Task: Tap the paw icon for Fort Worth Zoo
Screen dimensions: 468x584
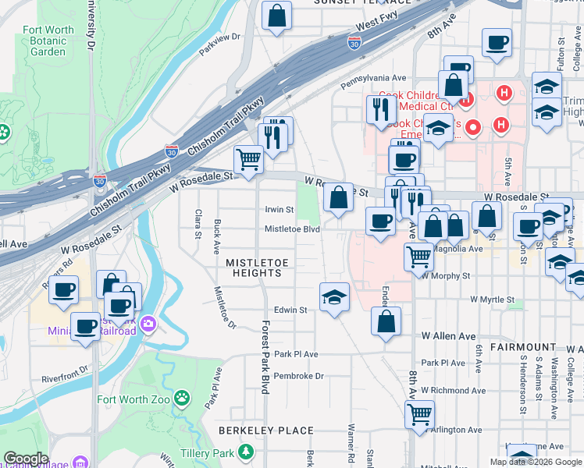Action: [182, 399]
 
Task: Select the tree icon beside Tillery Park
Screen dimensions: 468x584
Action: [247, 452]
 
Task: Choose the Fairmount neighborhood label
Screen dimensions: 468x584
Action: [523, 346]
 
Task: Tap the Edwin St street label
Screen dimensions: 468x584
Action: [290, 310]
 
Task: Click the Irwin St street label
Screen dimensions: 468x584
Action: [279, 210]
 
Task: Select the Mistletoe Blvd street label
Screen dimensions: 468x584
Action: [292, 229]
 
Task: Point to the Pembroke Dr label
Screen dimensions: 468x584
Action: [298, 376]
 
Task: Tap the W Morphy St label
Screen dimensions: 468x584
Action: [447, 275]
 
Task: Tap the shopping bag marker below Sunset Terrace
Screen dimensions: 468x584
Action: [276, 16]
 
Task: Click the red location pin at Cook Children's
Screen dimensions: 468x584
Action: [472, 126]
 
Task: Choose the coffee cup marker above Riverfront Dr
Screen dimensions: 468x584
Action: [85, 326]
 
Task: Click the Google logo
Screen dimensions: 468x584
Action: [26, 459]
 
